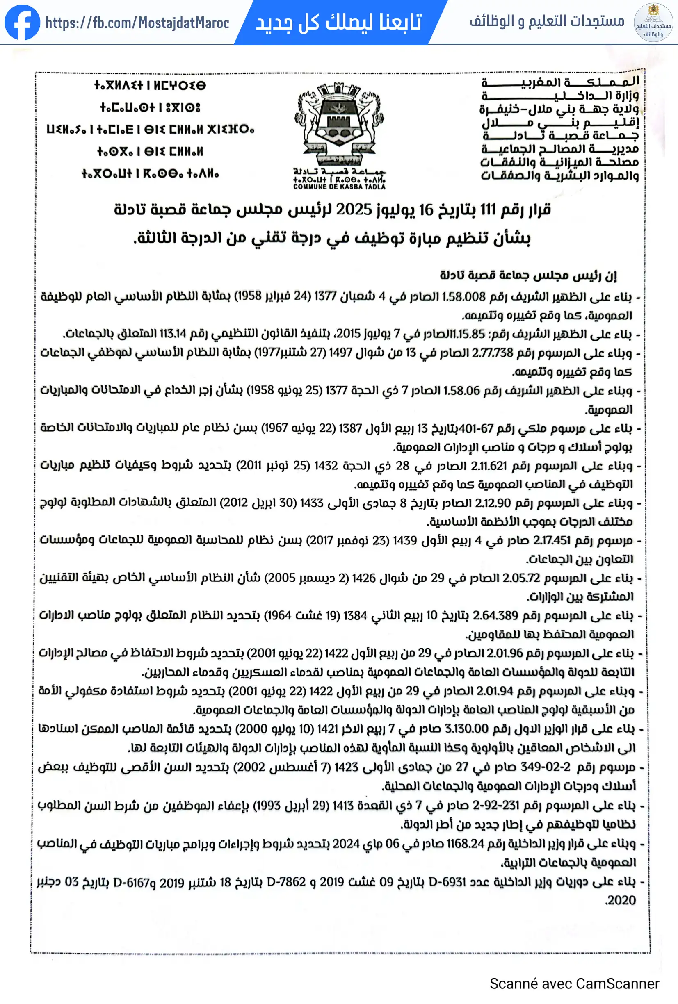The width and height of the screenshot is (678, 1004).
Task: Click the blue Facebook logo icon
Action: tap(22, 23)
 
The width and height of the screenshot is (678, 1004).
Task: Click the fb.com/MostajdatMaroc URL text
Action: tap(137, 23)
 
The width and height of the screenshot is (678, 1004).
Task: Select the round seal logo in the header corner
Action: tap(653, 23)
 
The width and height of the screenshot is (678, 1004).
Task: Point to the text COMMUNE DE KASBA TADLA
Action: tap(339, 187)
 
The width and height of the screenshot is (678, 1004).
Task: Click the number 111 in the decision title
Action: tap(487, 210)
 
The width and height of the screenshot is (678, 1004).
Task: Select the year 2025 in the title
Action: tap(354, 210)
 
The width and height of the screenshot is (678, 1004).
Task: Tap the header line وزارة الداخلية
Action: tap(560, 96)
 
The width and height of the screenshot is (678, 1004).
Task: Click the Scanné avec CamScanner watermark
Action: tap(574, 984)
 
